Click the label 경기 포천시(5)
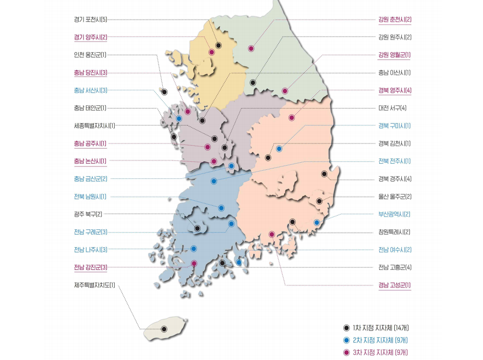91,19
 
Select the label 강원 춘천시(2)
395,19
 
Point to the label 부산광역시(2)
394,214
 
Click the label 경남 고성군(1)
394,285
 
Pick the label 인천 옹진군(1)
90,55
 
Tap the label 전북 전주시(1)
394,161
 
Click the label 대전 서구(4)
392,108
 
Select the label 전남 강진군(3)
91,268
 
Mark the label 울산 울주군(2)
395,196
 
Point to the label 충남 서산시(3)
91,90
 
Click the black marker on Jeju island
164,329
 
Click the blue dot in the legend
346,340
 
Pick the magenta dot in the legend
346,352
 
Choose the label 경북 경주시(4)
395,179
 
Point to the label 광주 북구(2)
88,214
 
